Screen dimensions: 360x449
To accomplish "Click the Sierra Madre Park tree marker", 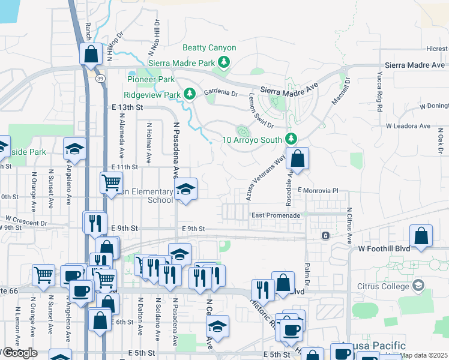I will (224, 62).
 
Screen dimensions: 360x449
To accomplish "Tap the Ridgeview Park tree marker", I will (190, 94).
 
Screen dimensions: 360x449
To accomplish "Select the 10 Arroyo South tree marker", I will (291, 139).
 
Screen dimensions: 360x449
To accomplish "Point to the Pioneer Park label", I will (151, 79).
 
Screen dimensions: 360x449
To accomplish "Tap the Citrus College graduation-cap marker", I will (418, 285).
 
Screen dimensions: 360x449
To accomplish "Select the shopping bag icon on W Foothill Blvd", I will (422, 236).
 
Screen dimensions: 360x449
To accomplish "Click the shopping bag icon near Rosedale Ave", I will (297, 159).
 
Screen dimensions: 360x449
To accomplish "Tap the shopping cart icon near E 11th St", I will (111, 182).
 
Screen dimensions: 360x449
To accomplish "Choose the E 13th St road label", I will (127, 107).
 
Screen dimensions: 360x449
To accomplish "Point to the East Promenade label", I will (274, 215).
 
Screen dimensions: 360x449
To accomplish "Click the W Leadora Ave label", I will (408, 126).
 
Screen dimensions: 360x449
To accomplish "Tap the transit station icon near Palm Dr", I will (325, 235).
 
